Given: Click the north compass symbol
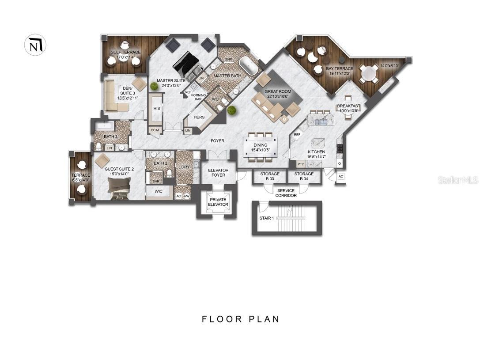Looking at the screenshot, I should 35,45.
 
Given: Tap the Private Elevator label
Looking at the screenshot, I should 218,202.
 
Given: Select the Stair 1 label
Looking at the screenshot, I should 267,218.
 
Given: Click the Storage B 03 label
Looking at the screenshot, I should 270,177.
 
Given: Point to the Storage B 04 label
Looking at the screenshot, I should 304,177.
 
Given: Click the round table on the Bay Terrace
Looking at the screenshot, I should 367,73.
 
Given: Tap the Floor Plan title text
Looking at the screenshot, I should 241,319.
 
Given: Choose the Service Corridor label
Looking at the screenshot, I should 286,193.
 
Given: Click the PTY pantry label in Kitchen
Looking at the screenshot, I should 301,164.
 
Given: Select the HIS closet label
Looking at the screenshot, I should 156,108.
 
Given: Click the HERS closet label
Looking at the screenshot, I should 199,117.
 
